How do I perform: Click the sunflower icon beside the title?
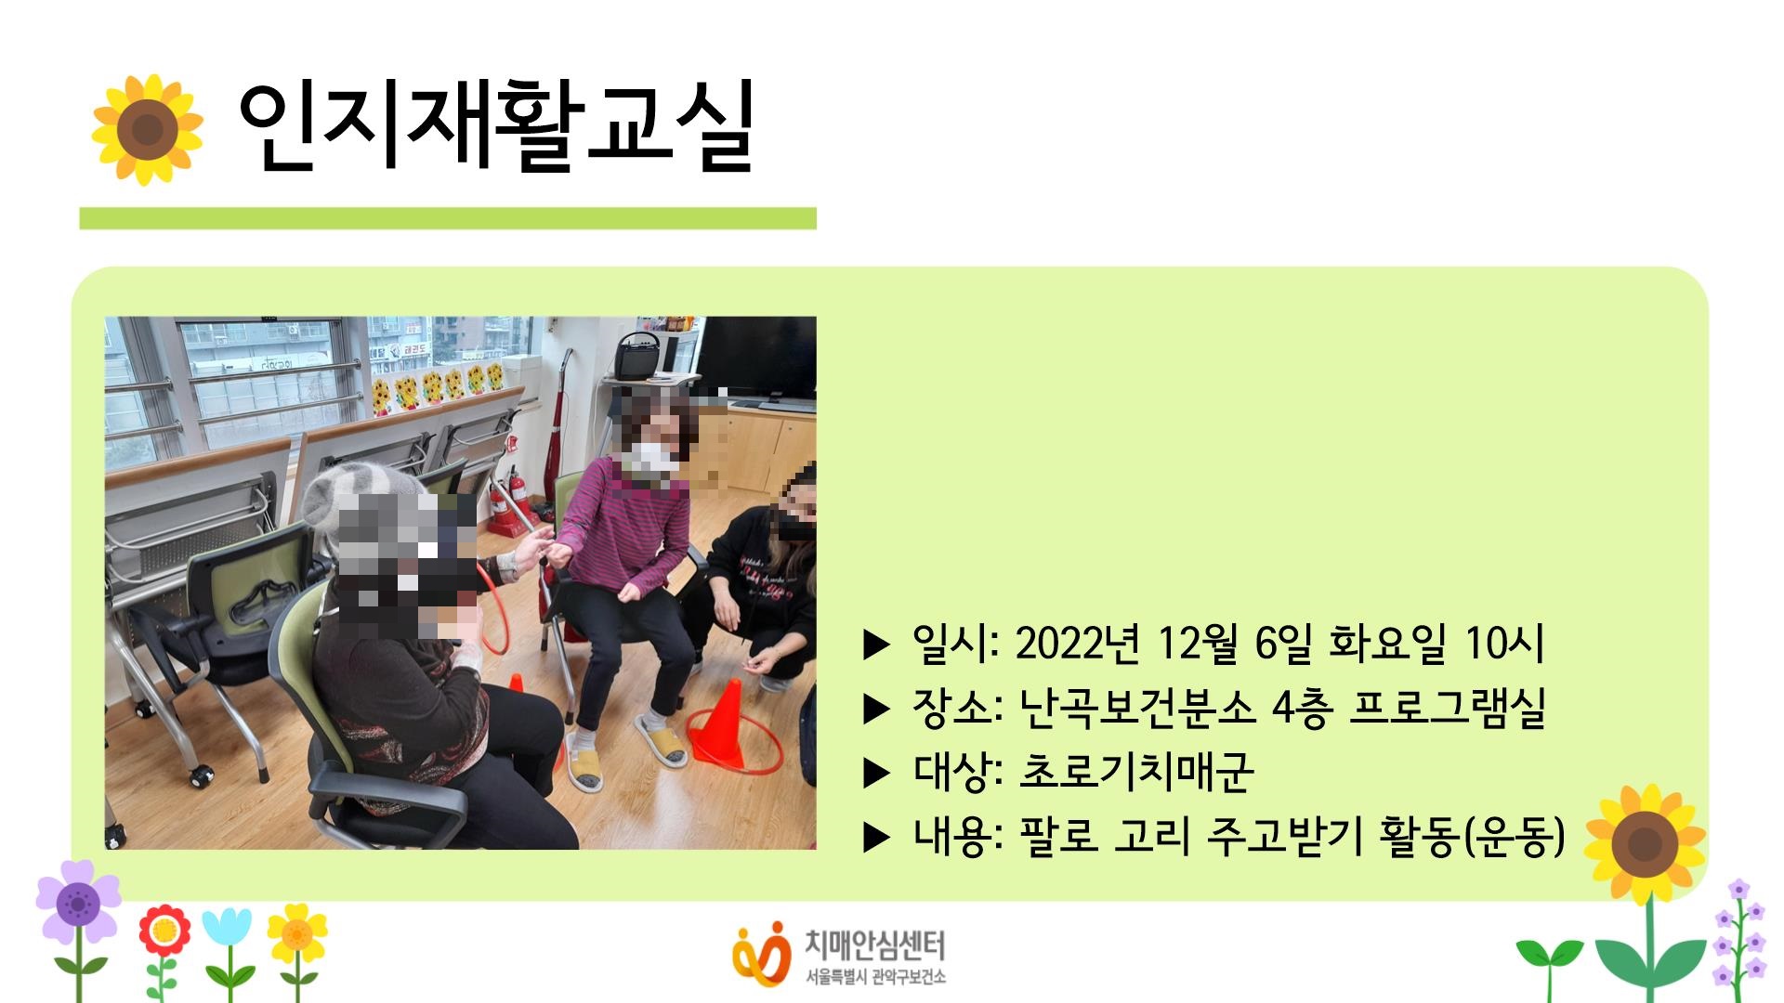click(147, 130)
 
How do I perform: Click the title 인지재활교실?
click(494, 128)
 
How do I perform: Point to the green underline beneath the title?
click(448, 218)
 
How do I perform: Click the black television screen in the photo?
click(755, 358)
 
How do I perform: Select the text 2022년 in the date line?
click(1077, 643)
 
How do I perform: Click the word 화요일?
click(1387, 643)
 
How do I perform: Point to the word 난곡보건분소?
click(1137, 708)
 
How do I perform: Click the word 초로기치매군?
click(1136, 772)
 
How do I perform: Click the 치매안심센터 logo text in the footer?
click(873, 945)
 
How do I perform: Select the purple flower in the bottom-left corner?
click(78, 901)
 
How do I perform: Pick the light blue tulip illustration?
click(227, 930)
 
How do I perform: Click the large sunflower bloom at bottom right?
click(1646, 843)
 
